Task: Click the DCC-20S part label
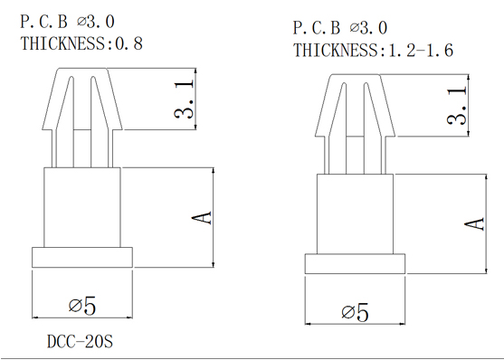pos(80,341)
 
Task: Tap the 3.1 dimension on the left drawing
pos(185,99)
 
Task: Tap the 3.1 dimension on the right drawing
pos(457,106)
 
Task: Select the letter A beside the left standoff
pos(202,218)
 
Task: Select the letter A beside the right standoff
pos(475,223)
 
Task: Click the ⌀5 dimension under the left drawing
pos(82,306)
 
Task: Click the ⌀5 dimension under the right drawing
pos(355,312)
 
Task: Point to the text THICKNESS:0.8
pos(81,43)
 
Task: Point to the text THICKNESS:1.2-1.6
pos(373,50)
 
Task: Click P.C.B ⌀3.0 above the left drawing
pos(67,22)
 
